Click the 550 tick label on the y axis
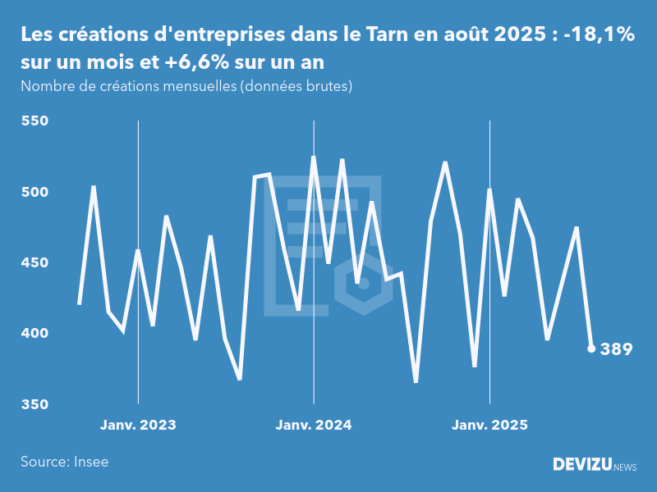coord(34,121)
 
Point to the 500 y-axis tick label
coord(34,192)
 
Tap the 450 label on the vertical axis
coord(34,263)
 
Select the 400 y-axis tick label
coord(34,334)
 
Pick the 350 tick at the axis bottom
coord(34,404)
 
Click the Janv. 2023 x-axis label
coord(138,425)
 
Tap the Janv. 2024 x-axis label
coord(314,425)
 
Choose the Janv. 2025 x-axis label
coord(489,425)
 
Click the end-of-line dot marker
coord(591,348)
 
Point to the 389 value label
coord(616,349)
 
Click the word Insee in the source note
coord(90,462)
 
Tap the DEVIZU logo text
coord(581,465)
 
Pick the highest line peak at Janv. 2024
coord(314,157)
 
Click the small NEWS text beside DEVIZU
coord(625,467)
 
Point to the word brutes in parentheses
coord(326,86)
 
